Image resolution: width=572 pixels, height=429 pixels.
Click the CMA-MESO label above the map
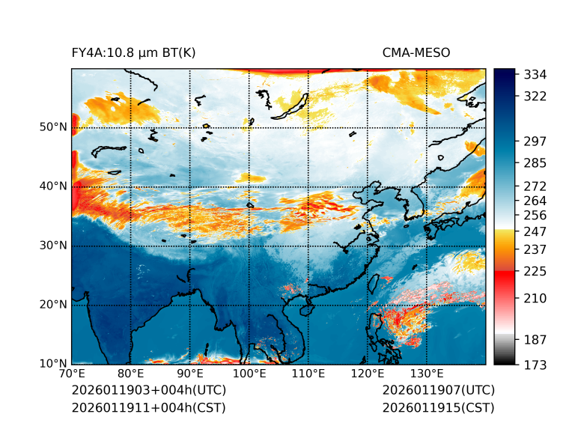416,52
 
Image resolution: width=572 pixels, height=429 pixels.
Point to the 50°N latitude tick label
52,127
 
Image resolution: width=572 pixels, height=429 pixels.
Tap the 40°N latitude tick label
52,186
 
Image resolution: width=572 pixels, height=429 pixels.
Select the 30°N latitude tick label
52,246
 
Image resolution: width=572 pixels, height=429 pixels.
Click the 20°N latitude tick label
52,305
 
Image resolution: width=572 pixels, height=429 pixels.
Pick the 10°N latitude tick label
52,364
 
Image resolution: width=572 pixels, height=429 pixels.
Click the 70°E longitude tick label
72,374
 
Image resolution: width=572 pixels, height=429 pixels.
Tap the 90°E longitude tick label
190,374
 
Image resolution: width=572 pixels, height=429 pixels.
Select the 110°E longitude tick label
308,374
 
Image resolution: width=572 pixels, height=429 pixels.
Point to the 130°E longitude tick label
426,374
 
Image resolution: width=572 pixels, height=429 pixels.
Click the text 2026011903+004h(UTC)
148,391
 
